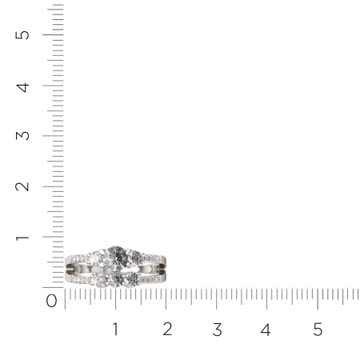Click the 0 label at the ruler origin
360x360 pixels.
pos(51,301)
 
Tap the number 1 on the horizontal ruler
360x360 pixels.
pos(115,329)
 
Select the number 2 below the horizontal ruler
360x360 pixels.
pos(167,329)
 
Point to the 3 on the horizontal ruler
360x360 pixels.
pos(218,330)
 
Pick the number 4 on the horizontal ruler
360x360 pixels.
pos(266,330)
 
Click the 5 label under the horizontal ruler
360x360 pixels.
pos(318,330)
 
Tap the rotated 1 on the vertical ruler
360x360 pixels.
pos(22,238)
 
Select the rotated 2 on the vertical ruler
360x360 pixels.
pos(22,186)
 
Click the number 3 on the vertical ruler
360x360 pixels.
pos(22,136)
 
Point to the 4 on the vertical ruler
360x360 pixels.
pos(22,87)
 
